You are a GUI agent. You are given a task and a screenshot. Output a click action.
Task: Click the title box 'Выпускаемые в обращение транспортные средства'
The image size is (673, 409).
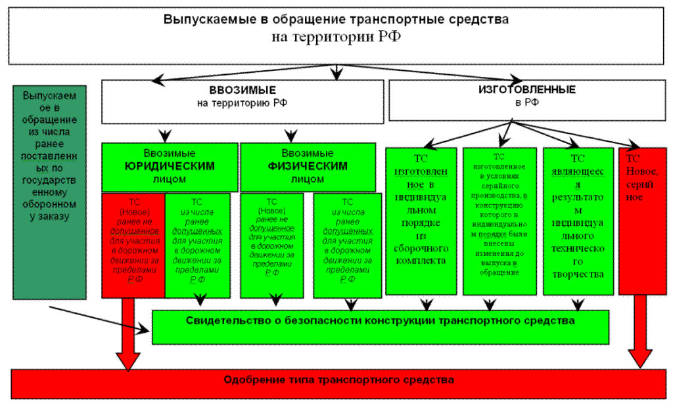tap(336, 20)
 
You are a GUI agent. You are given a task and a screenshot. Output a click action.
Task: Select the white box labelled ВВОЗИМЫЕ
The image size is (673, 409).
tap(242, 102)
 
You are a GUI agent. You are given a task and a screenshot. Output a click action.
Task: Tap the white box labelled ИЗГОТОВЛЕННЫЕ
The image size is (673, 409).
tap(527, 100)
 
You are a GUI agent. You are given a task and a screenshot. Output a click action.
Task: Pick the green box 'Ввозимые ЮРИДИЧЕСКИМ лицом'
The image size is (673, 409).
tap(170, 167)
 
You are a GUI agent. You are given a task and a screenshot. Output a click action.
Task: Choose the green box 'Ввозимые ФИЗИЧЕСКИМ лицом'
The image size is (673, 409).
tap(307, 167)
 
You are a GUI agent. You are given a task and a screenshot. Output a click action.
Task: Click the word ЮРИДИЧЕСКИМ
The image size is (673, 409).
tap(170, 167)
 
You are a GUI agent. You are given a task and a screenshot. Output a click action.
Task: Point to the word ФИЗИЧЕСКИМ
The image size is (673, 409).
tap(307, 167)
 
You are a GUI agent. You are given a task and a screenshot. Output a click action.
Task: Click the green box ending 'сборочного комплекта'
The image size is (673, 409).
tap(421, 221)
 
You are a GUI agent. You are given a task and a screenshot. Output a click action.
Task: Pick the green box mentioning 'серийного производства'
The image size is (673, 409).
tap(499, 221)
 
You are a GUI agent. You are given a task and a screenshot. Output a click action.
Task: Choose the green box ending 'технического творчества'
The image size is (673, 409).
tap(578, 221)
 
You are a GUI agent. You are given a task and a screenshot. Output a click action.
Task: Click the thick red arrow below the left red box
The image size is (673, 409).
tap(129, 335)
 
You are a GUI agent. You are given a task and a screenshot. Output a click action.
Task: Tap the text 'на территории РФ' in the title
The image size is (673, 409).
tap(336, 37)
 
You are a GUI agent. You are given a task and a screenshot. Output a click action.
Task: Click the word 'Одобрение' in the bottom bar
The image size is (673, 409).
tap(250, 380)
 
